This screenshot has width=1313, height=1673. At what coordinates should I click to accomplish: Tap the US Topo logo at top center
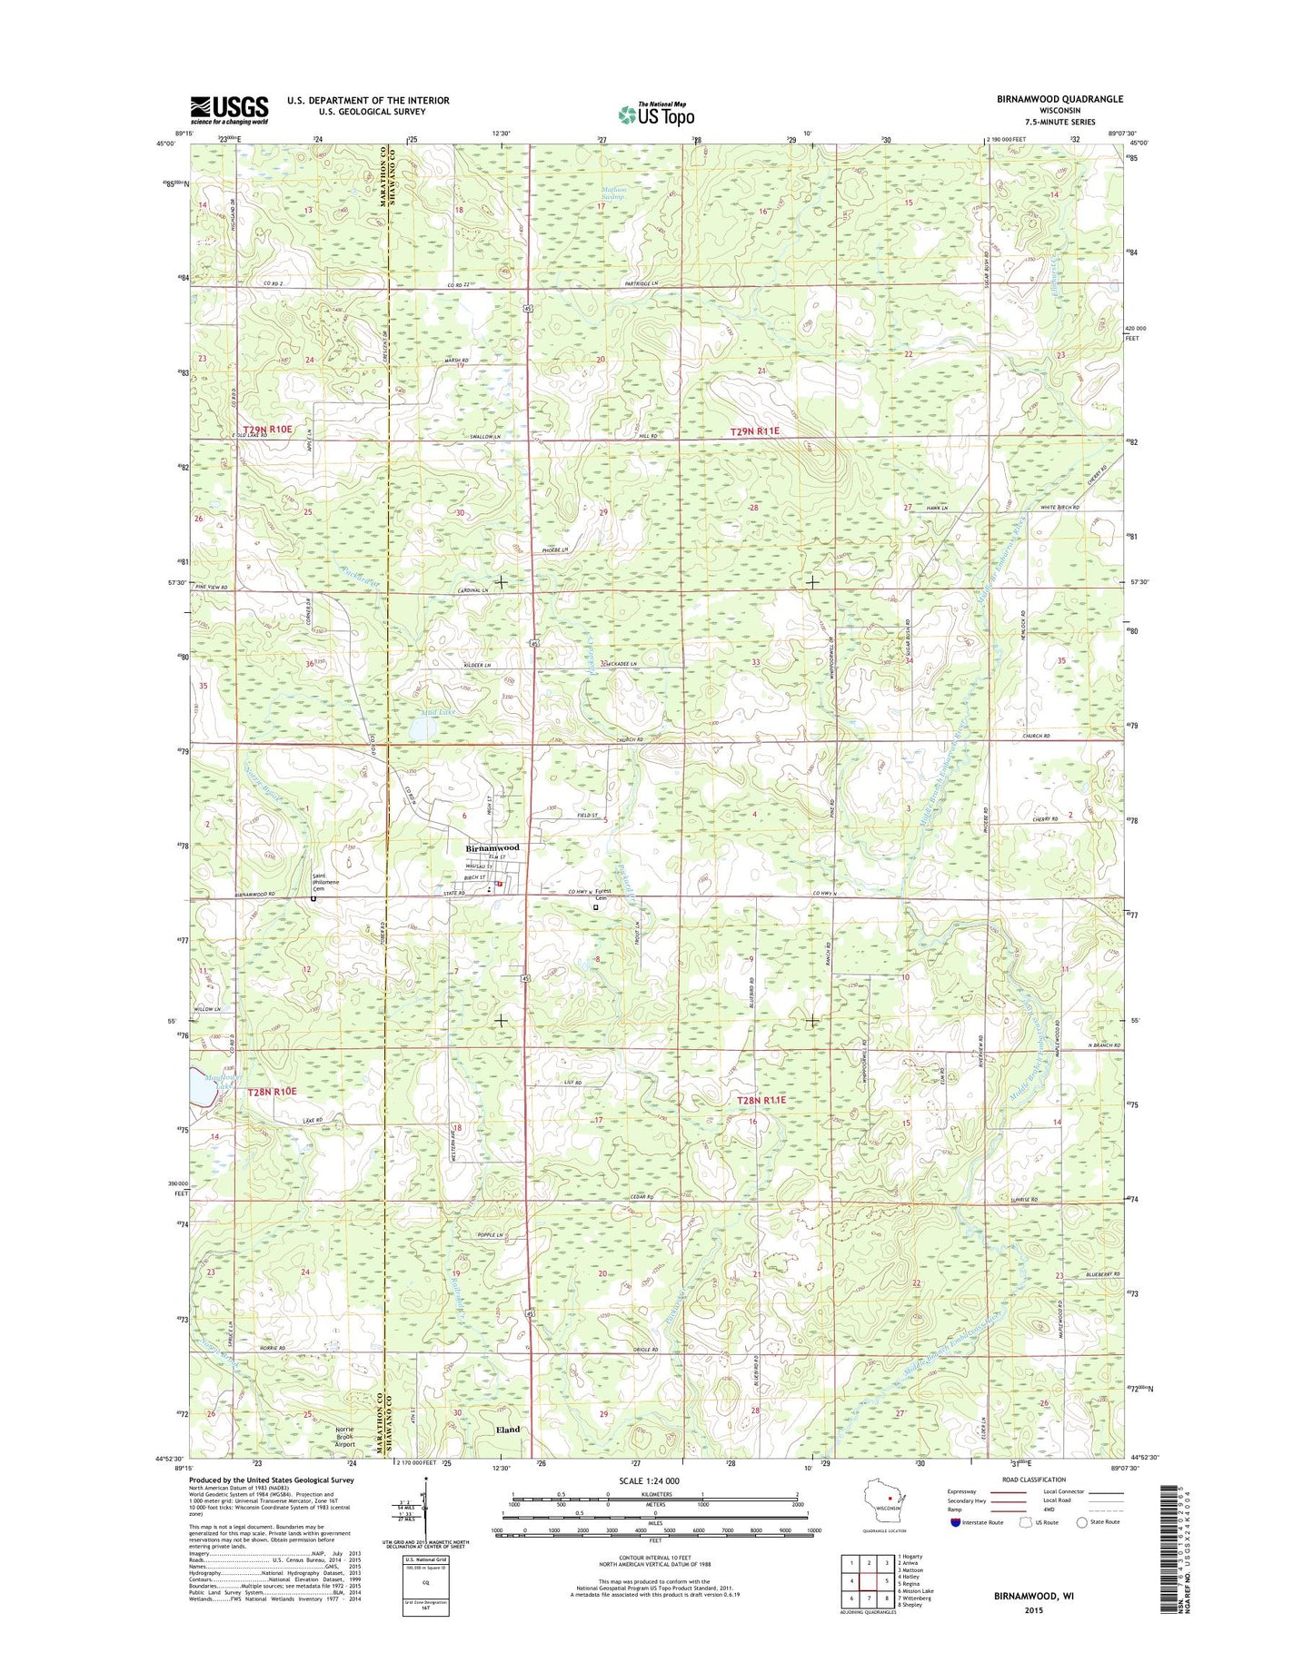coord(656,114)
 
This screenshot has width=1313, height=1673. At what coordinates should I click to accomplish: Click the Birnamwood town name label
coord(492,847)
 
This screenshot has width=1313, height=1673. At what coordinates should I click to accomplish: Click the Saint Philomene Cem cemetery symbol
coord(313,899)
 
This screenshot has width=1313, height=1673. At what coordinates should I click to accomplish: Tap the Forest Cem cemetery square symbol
coord(596,906)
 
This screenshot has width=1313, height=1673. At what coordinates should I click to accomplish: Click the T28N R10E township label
coord(272,1091)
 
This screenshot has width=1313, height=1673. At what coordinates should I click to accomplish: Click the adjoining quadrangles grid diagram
coord(867,1582)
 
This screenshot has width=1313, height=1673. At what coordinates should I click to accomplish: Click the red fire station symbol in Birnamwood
coord(499,880)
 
